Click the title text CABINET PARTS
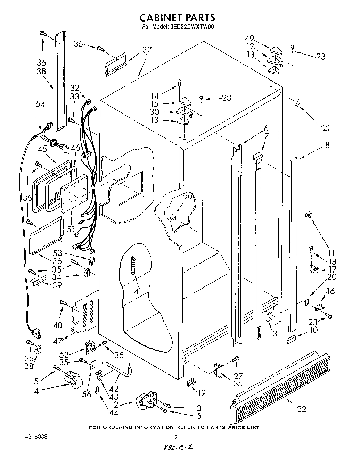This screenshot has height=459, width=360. tap(177, 17)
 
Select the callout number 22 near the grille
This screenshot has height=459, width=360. tap(302, 409)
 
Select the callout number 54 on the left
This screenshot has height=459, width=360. tap(41, 103)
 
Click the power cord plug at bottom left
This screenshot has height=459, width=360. tap(36, 334)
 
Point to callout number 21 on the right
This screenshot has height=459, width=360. tap(326, 128)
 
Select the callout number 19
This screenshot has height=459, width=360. tap(201, 393)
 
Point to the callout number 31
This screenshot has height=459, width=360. tap(276, 334)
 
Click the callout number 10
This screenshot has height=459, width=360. tap(313, 329)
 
